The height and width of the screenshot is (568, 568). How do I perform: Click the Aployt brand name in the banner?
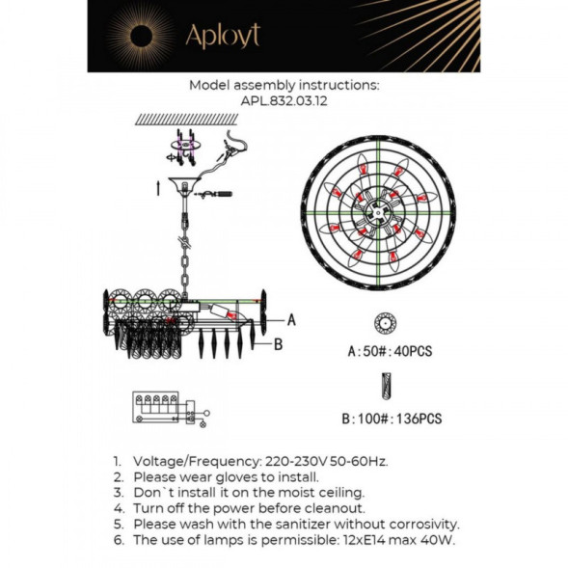(223, 36)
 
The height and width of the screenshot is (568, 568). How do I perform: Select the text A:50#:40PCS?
(390, 352)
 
